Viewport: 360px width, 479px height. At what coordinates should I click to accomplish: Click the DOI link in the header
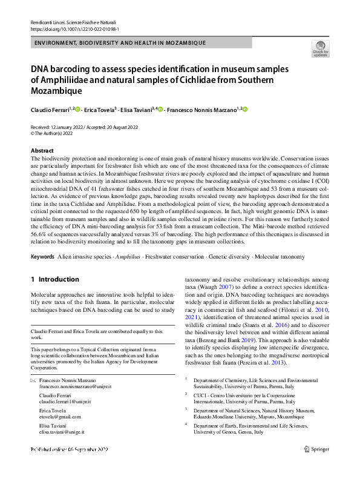pyautogui.click(x=74, y=28)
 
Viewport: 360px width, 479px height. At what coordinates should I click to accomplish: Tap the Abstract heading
pyautogui.click(x=42, y=151)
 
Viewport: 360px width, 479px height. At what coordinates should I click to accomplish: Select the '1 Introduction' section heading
pyautogui.click(x=54, y=280)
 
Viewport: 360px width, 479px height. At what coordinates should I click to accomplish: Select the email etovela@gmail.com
pyautogui.click(x=60, y=417)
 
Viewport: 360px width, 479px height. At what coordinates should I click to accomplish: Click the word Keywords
pyautogui.click(x=42, y=257)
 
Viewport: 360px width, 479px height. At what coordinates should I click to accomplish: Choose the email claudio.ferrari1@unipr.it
pyautogui.click(x=65, y=401)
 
